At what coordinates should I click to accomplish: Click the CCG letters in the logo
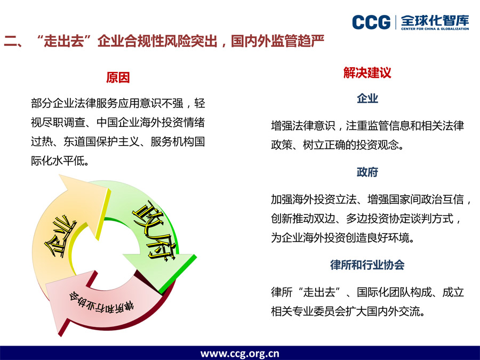371,22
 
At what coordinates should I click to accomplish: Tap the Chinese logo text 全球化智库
435,20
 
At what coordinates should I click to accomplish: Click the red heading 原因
118,77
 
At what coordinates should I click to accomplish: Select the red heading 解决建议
367,73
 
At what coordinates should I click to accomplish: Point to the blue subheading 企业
367,98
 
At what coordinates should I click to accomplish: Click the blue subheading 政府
367,172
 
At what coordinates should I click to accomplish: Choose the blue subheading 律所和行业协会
367,265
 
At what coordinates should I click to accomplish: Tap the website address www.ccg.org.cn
239,354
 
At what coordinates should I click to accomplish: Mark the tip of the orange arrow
60,175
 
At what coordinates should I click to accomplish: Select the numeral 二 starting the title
11,41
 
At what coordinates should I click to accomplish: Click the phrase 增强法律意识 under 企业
303,125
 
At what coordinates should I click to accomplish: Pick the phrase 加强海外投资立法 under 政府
314,199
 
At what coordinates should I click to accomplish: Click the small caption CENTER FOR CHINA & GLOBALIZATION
435,29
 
